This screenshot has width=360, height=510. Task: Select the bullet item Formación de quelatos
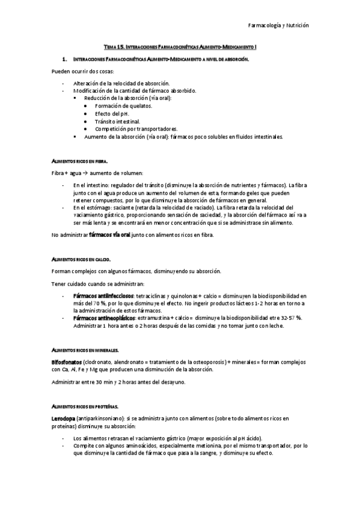123,105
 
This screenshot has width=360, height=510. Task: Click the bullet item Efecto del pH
112,113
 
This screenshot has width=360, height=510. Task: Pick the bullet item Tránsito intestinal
118,121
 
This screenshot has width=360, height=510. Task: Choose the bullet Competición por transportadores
136,129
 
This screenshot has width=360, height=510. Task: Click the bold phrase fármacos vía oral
109,235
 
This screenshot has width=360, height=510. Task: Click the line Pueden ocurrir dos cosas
79,72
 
